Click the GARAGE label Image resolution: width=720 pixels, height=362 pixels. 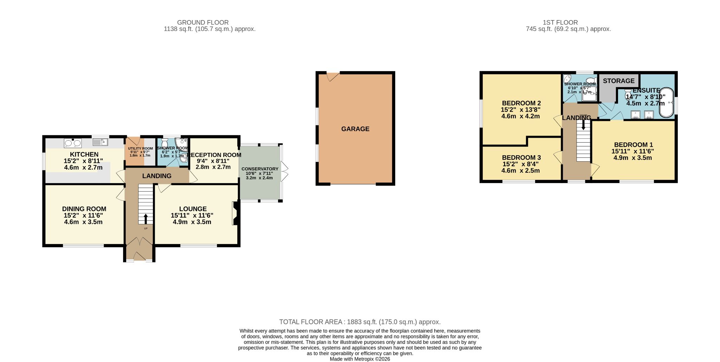click(x=355, y=129)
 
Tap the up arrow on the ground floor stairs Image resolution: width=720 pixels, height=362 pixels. click(x=146, y=219)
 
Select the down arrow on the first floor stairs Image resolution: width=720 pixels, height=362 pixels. click(x=583, y=124)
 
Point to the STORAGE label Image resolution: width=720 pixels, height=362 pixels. click(x=618, y=81)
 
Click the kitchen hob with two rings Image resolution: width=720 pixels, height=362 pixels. click(x=73, y=143)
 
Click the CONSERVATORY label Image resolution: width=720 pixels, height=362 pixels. click(x=260, y=169)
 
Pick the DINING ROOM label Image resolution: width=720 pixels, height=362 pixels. click(x=84, y=209)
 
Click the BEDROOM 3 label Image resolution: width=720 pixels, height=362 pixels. click(x=521, y=157)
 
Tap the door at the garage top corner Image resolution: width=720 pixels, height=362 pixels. click(x=332, y=76)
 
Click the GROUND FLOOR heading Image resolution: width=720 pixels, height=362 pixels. click(x=202, y=23)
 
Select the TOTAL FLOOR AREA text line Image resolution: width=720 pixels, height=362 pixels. click(x=360, y=322)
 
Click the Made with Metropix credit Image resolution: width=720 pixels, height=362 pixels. click(x=360, y=359)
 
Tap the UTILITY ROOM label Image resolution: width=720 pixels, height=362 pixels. click(x=140, y=149)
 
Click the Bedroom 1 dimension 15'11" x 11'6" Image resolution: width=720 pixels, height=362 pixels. click(x=632, y=151)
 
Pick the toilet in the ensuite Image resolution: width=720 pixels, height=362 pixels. click(x=628, y=94)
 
